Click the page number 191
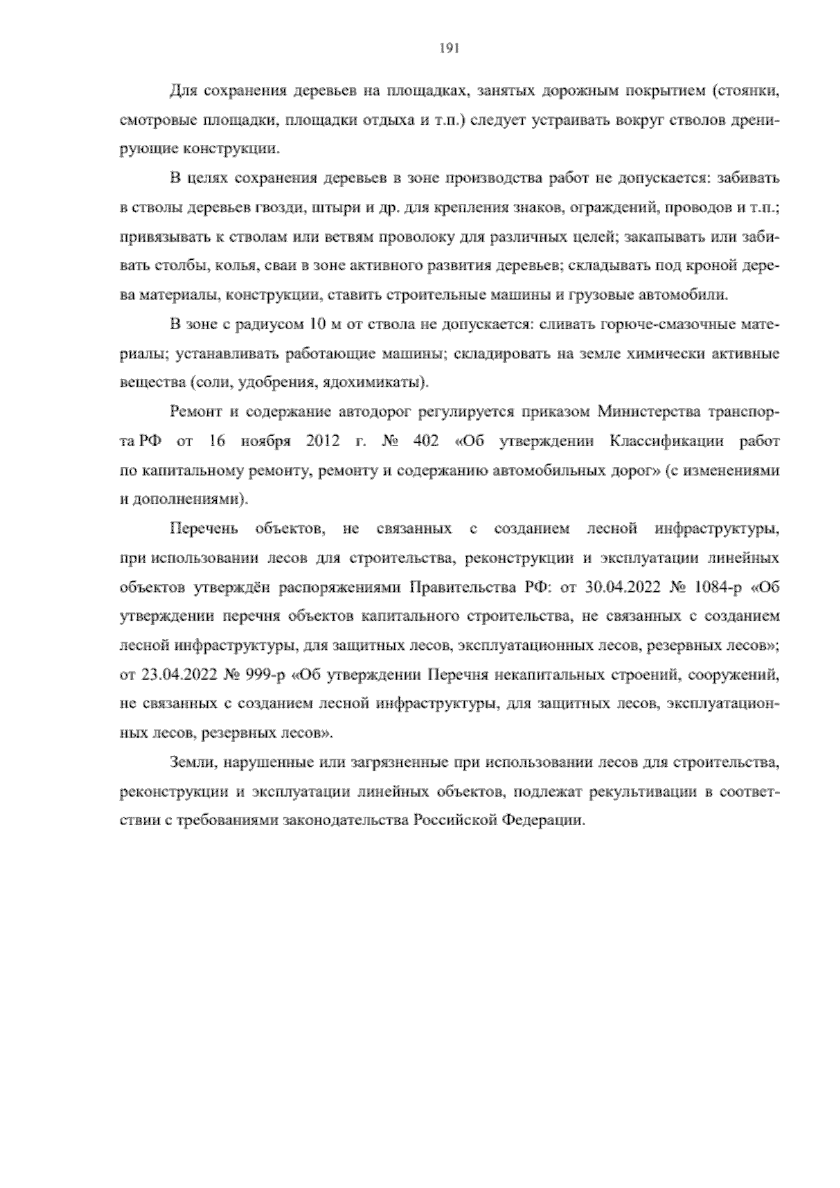tap(449, 48)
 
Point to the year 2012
tap(323, 441)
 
